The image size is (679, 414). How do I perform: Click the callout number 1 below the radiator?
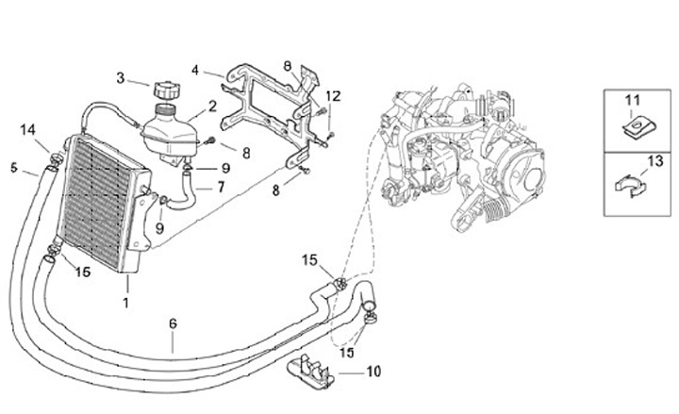coord(125,303)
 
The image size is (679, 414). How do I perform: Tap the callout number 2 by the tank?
coord(212,106)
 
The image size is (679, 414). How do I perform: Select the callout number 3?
coord(121,77)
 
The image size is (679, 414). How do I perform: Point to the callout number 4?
coord(194,69)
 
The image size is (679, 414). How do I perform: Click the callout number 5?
coord(14,167)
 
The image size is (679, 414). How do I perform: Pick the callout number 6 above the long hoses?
coord(173,323)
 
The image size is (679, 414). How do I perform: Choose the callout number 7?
coord(221,187)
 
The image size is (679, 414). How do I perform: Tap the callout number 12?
coord(332,96)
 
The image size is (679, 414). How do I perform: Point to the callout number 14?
coord(28,129)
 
